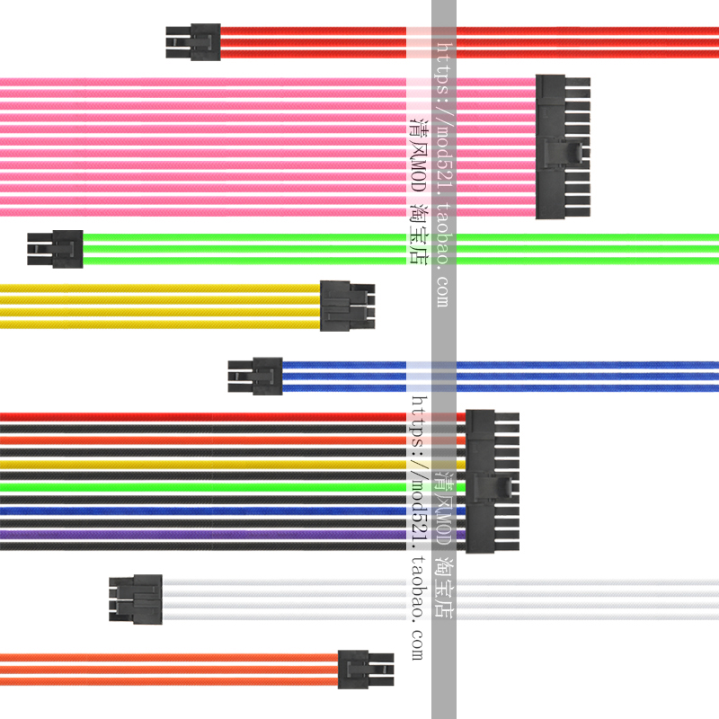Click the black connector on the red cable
(x=193, y=42)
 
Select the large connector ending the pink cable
(x=562, y=146)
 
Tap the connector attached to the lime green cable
(x=56, y=249)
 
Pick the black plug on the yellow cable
(x=347, y=306)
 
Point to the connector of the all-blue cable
(x=255, y=376)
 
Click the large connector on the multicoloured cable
(x=492, y=481)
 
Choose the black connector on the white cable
(x=136, y=599)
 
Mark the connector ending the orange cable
(x=365, y=670)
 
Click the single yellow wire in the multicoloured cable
(x=225, y=465)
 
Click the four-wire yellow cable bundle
(x=162, y=306)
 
